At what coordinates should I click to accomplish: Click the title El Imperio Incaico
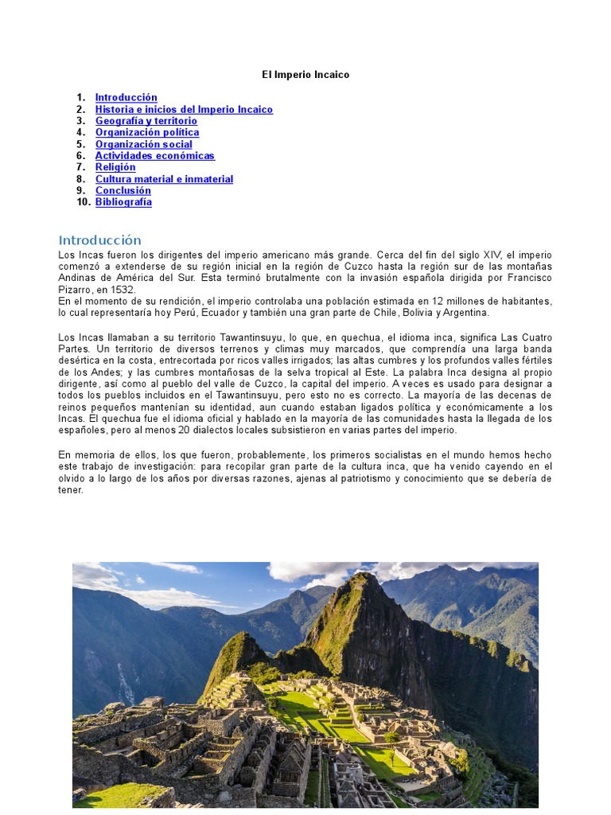tap(305, 75)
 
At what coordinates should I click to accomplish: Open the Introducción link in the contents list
tap(126, 98)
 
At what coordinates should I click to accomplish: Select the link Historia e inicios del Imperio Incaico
tap(184, 109)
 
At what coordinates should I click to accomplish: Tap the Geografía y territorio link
tap(146, 121)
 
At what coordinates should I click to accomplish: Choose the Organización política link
tap(147, 132)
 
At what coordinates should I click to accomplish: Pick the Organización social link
tap(144, 144)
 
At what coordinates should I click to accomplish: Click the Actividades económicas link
tap(155, 156)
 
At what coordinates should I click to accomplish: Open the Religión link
tap(115, 167)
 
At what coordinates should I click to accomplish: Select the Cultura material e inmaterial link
tap(164, 179)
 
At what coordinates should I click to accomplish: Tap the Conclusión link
tap(123, 191)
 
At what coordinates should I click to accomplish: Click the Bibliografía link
tap(123, 202)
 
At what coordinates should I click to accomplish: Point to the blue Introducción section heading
tap(99, 240)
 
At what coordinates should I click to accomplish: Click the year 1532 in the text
tap(123, 290)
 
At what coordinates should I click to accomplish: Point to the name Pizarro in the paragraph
tap(76, 290)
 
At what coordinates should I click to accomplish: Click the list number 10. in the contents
tap(84, 202)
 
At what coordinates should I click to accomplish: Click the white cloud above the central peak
tap(314, 572)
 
